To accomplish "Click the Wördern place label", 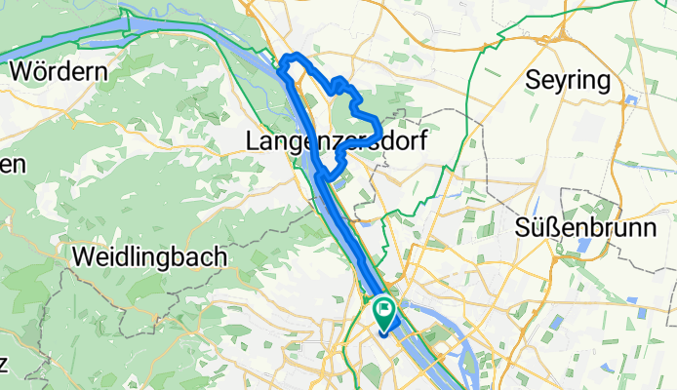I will pos(56,71).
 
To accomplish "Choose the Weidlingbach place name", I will pos(149,257).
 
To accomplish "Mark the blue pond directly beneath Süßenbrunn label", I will pos(584,246).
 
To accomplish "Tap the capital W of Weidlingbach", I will pos(83,257).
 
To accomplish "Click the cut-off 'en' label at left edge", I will pos(11,166).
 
